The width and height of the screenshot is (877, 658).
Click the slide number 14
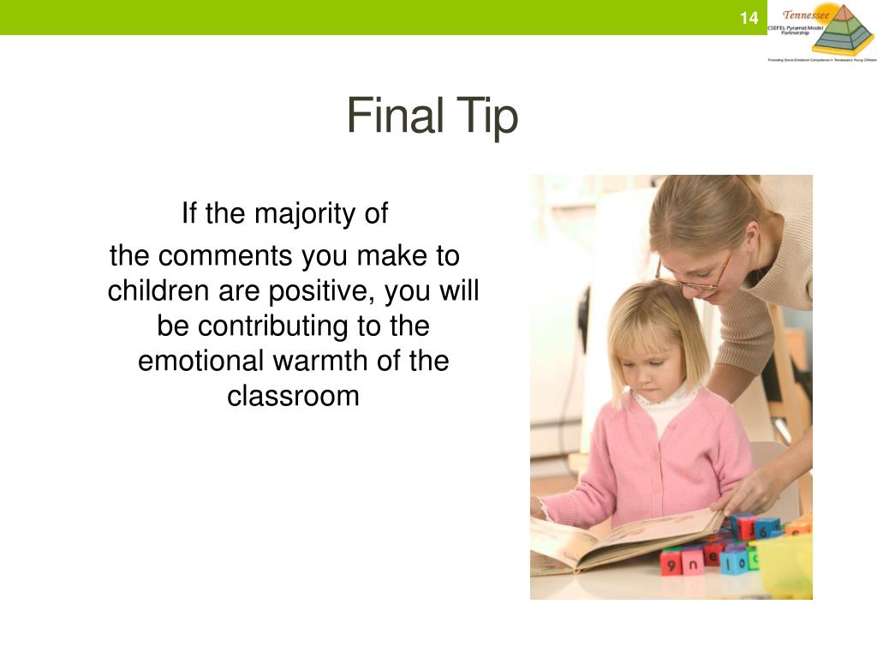749,18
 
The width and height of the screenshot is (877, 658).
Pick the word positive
324,291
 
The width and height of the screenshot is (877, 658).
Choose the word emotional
201,361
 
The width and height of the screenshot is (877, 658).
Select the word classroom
293,396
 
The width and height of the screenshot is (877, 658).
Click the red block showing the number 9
671,561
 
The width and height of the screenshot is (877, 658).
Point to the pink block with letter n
692,560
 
